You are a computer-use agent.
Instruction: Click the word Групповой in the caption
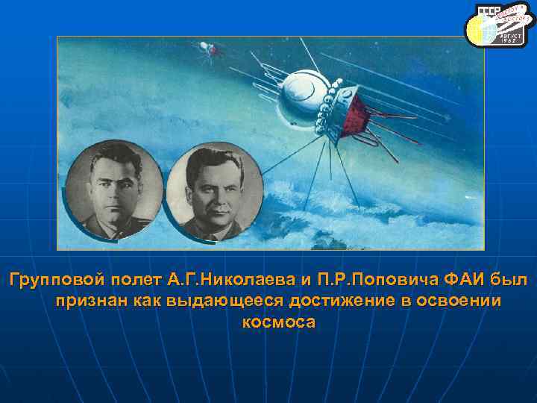pos(48,280)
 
